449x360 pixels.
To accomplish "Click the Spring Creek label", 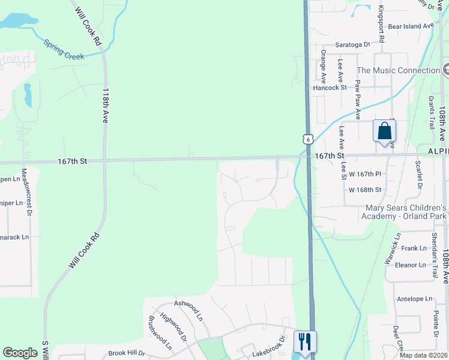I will pos(63,50).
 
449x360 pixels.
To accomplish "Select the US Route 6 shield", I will pos(308,139).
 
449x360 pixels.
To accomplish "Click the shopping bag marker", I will pos(384,131).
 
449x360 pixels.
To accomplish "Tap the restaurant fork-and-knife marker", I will pos(305,342).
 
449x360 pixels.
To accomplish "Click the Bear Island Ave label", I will pos(411,26).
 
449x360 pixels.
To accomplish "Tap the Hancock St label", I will pos(330,88).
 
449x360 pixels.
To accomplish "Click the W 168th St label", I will pos(366,190).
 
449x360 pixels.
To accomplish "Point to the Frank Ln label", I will pos(414,248).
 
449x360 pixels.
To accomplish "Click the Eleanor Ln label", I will pos(411,265).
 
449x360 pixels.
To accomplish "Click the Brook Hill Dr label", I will pos(127,353).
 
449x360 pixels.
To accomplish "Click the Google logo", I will pos(20,353).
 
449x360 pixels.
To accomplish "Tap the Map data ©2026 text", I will pos(423,355).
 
